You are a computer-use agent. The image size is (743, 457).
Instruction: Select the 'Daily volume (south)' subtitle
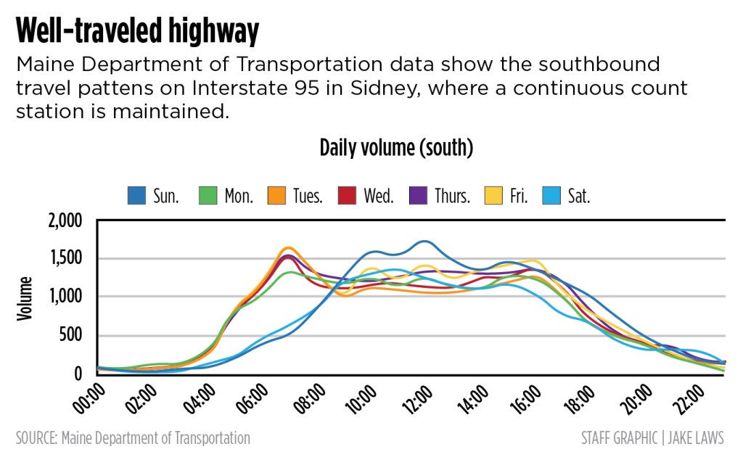coord(396,148)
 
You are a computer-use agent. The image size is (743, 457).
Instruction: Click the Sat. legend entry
coord(567,195)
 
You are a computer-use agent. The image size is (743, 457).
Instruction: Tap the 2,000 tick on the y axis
coord(65,221)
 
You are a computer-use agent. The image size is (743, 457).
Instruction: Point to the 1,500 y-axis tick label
coord(66,259)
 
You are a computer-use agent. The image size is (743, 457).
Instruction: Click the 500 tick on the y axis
coord(71,336)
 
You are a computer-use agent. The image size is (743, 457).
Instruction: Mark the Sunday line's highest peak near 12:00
coord(425,241)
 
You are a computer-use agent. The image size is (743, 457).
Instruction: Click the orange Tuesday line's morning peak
coord(288,248)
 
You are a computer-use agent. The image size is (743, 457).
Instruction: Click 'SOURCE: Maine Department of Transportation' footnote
coord(133,438)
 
